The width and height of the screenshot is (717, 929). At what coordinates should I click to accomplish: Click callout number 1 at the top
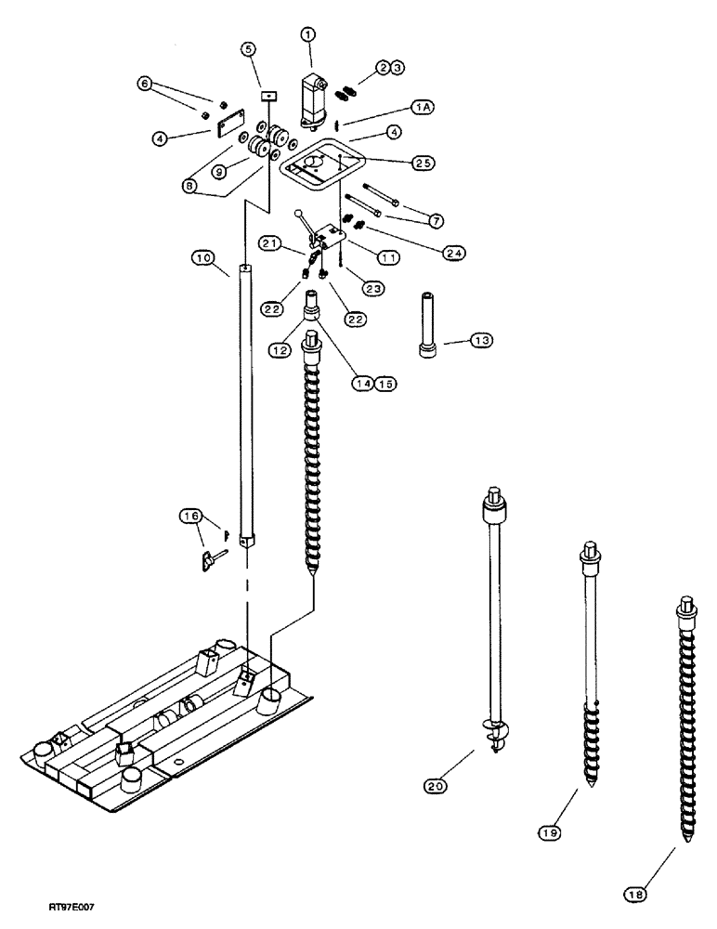coord(307,34)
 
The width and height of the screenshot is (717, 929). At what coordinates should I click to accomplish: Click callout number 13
coord(480,342)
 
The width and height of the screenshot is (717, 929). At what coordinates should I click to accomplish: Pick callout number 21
coord(270,242)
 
